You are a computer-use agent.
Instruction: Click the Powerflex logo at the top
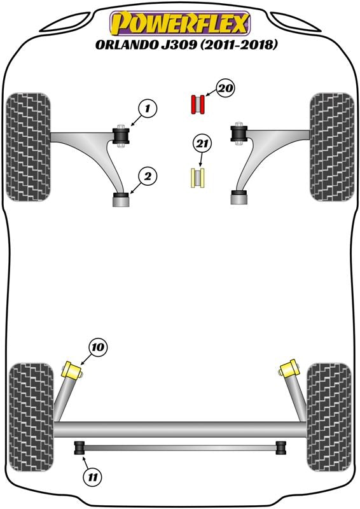[180, 23]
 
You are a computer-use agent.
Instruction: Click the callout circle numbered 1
[148, 108]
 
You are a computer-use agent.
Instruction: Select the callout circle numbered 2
[148, 177]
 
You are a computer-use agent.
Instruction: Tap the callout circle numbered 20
[226, 88]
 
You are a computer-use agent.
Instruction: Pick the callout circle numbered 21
[202, 144]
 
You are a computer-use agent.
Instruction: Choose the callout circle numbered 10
[98, 347]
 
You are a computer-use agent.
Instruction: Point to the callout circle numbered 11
[92, 477]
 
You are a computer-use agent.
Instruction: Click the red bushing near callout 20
[197, 104]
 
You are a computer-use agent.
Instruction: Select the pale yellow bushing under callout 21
[197, 178]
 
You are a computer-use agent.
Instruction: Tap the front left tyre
[29, 147]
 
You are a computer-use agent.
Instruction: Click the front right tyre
[332, 147]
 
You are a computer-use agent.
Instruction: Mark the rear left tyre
[31, 417]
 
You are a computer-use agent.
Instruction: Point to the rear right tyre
[329, 417]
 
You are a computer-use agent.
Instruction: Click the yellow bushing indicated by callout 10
[73, 370]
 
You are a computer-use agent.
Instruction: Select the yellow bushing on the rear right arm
[288, 369]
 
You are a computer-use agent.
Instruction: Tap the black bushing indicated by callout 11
[80, 448]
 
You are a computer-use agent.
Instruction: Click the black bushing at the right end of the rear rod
[281, 448]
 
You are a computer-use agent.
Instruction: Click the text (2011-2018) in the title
[239, 45]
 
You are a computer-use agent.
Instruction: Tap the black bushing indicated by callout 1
[121, 136]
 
